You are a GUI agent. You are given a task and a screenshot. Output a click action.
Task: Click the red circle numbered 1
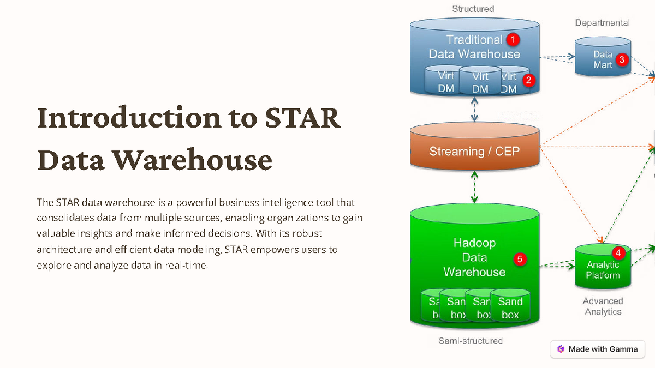click(512, 39)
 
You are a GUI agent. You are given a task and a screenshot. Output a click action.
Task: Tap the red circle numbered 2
click(528, 80)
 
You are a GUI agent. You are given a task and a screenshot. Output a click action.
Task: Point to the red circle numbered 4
click(618, 252)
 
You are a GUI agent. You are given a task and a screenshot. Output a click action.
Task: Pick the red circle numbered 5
click(520, 259)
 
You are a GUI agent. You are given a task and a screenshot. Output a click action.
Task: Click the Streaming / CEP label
click(474, 151)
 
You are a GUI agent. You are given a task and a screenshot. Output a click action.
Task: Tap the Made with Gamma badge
click(597, 349)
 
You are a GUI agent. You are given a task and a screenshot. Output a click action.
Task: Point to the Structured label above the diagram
click(473, 9)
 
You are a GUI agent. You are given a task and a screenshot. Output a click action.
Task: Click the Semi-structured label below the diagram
click(471, 341)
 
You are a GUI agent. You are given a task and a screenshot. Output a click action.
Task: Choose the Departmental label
click(602, 23)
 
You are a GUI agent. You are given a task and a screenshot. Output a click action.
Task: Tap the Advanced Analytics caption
click(603, 306)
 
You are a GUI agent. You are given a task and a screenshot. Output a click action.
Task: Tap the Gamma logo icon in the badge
click(561, 349)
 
